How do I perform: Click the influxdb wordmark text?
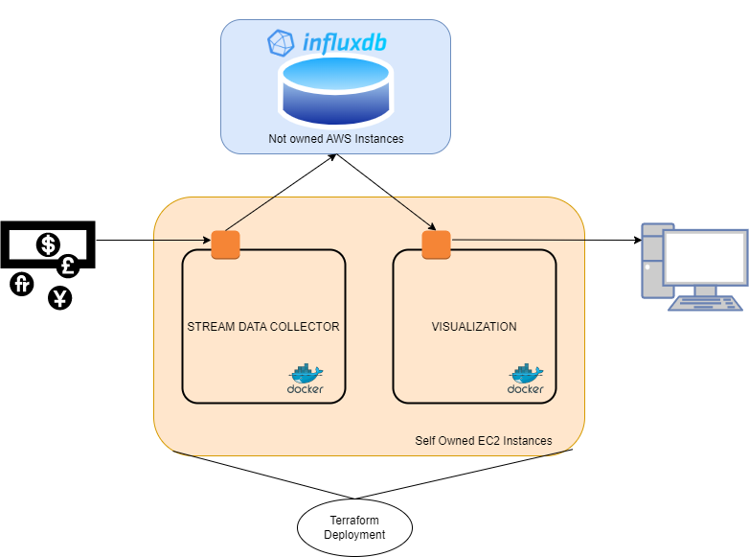pyautogui.click(x=345, y=43)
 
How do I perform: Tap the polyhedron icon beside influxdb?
pyautogui.click(x=281, y=43)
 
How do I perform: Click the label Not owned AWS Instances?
pyautogui.click(x=335, y=139)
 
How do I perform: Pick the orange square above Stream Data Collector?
pyautogui.click(x=225, y=244)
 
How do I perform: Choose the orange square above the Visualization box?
pyautogui.click(x=436, y=244)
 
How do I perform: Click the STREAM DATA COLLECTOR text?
pyautogui.click(x=262, y=327)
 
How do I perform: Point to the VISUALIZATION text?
pyautogui.click(x=474, y=327)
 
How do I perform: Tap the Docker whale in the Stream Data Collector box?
pyautogui.click(x=306, y=374)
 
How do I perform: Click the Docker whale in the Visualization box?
pyautogui.click(x=526, y=374)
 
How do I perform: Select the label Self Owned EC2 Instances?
pyautogui.click(x=483, y=441)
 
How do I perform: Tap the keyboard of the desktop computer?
pyautogui.click(x=705, y=303)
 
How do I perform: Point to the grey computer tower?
pyautogui.click(x=651, y=259)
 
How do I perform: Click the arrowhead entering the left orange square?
pyautogui.click(x=206, y=240)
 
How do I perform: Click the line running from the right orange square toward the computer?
pyautogui.click(x=517, y=240)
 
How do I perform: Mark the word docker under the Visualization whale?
pyautogui.click(x=526, y=389)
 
